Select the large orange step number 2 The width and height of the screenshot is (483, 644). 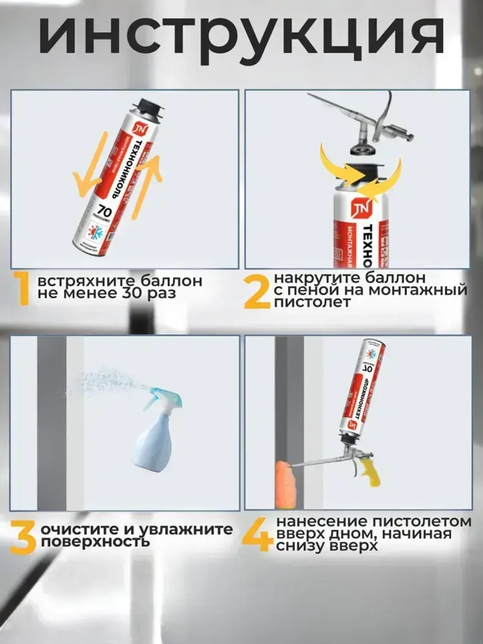tap(256, 291)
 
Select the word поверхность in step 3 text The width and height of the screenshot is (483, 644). tap(95, 542)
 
